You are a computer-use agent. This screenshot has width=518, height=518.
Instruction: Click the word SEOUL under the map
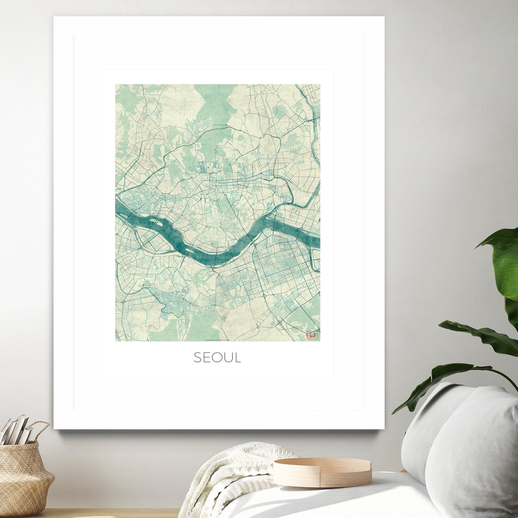[x=217, y=357]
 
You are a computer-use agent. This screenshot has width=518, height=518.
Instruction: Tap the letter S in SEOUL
[x=197, y=357]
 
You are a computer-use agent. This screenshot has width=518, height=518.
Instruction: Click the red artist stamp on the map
[x=312, y=335]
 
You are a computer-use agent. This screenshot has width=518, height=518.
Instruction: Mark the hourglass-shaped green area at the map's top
[x=211, y=104]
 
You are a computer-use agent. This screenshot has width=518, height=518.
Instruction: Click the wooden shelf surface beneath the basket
[x=104, y=513]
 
